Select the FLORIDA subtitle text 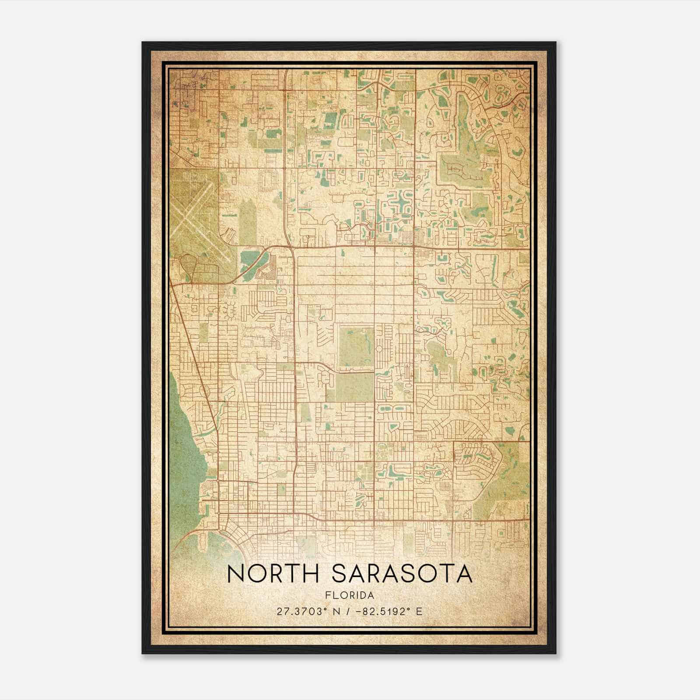pos(350,595)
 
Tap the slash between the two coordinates pos(348,612)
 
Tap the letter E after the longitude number pos(419,612)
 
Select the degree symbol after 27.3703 pos(325,609)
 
